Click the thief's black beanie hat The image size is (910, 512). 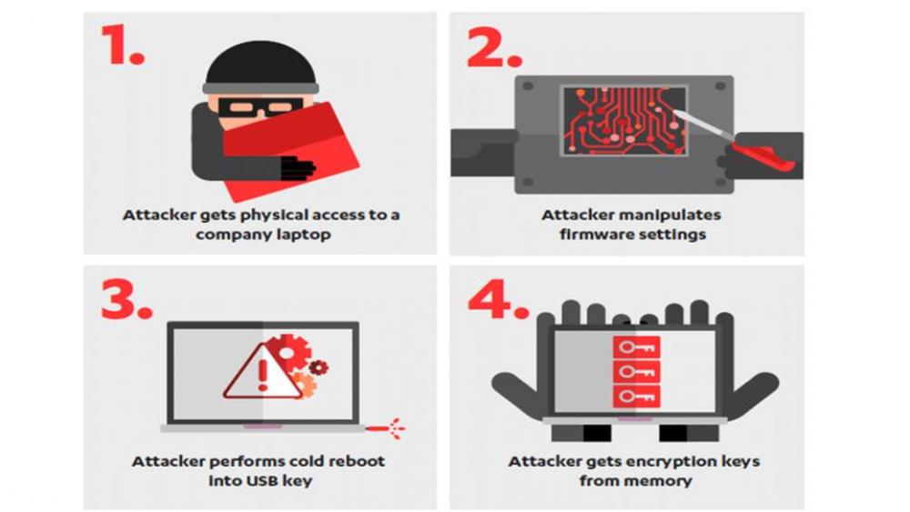click(261, 65)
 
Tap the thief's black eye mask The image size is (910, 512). click(260, 108)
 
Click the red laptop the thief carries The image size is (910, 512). click(291, 151)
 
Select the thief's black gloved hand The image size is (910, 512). click(298, 167)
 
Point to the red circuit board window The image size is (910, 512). click(624, 121)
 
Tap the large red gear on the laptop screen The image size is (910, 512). click(289, 351)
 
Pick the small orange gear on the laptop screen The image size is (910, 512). click(305, 384)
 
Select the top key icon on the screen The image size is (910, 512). click(637, 347)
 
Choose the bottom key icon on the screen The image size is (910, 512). click(637, 397)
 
